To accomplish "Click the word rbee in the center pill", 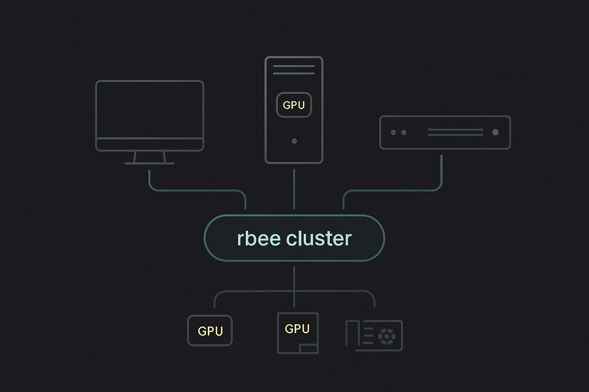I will [x=259, y=238].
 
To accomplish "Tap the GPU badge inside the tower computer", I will [x=294, y=105].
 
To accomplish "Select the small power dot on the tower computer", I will [x=294, y=141].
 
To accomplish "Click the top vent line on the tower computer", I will [x=294, y=66].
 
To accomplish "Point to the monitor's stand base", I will [x=150, y=163].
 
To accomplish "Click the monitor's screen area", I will [x=150, y=109].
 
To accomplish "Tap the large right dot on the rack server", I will [x=495, y=132].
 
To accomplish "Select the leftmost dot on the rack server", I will [x=393, y=132].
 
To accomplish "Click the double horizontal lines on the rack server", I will [x=455, y=132].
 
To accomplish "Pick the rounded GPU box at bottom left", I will [x=210, y=331].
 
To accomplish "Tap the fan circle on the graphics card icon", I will [x=387, y=336].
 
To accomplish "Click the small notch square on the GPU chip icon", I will [x=308, y=348].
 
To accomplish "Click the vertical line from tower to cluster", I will [x=294, y=189].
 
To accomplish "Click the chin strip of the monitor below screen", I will [x=150, y=144].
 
